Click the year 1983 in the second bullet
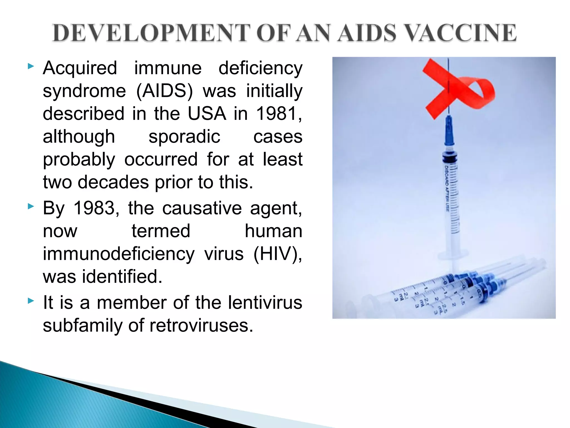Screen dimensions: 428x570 pyautogui.click(x=94, y=208)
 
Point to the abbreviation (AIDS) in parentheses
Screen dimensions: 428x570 pyautogui.click(x=164, y=91)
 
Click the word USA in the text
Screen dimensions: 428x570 pyautogui.click(x=207, y=114)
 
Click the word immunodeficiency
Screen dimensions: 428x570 pyautogui.click(x=119, y=254)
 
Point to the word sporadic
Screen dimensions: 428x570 pyautogui.click(x=184, y=137)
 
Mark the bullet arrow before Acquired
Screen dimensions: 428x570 pyautogui.click(x=31, y=66)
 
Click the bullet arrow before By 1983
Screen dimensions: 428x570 pyautogui.click(x=31, y=206)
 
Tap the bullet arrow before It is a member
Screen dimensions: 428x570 pyautogui.click(x=31, y=301)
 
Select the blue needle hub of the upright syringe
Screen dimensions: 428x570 pyautogui.click(x=449, y=131)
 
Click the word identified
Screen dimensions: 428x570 pyautogui.click(x=122, y=277)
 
